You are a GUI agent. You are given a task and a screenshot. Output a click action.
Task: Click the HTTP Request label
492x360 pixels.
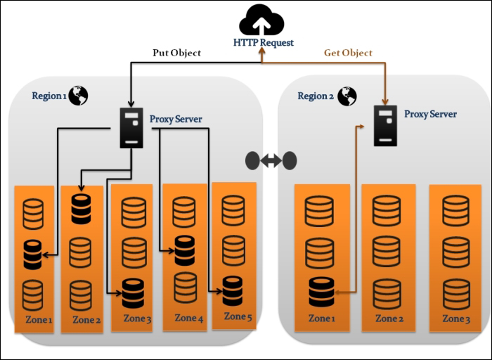[x=264, y=43]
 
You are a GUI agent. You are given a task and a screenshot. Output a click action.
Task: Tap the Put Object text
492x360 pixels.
[x=177, y=53]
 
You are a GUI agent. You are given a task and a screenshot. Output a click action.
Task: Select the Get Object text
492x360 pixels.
[x=348, y=53]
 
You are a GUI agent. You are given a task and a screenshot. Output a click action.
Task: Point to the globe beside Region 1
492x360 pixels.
[x=77, y=95]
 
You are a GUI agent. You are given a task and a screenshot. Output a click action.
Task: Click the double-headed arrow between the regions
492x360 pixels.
[x=271, y=161]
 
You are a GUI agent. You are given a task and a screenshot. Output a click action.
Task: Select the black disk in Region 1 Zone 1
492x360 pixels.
[x=33, y=255]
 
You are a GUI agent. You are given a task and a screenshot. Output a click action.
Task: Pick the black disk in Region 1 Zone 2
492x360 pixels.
[x=81, y=209]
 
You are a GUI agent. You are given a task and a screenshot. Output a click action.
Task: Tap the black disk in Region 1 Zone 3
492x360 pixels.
[x=133, y=292]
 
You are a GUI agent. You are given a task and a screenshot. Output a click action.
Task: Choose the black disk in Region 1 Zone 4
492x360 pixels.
[x=184, y=250]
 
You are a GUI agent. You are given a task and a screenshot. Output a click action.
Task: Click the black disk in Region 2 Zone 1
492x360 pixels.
[x=321, y=292]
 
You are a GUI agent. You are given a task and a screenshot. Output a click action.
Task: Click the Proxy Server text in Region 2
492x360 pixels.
[x=430, y=114]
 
